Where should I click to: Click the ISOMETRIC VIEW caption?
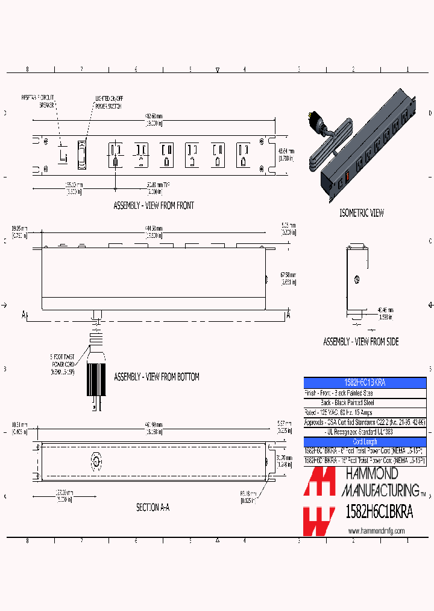click(x=362, y=213)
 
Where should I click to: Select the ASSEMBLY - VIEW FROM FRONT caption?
click(x=154, y=206)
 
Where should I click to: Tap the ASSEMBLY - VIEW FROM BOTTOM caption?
click(x=156, y=377)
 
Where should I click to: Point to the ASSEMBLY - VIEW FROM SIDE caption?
click(x=360, y=342)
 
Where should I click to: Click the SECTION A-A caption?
click(x=153, y=508)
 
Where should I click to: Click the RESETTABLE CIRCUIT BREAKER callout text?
click(x=38, y=100)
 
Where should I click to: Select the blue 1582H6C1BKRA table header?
click(x=365, y=383)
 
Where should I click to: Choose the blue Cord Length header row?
click(x=365, y=442)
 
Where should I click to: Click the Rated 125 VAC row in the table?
click(x=365, y=412)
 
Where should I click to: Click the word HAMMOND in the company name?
click(x=370, y=475)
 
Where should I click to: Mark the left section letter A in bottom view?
click(x=25, y=315)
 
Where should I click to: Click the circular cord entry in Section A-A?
click(x=96, y=461)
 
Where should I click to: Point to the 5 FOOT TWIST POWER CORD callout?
click(x=62, y=365)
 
